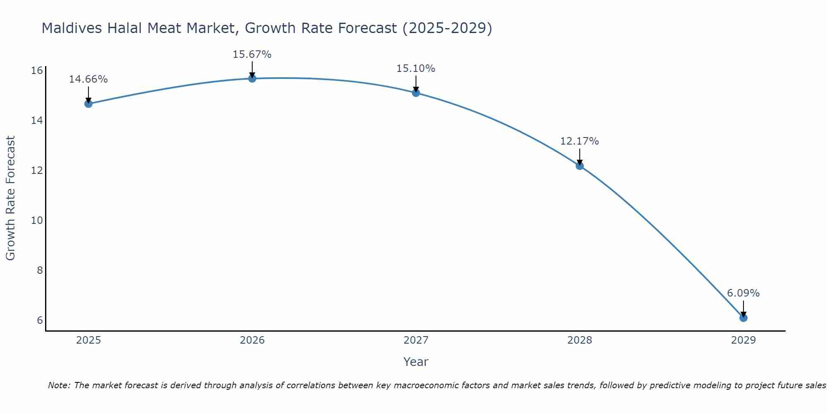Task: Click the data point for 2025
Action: click(x=88, y=104)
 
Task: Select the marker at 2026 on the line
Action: click(x=252, y=78)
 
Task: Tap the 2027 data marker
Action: click(x=416, y=93)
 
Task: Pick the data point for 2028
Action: click(x=580, y=166)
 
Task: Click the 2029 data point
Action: click(x=743, y=318)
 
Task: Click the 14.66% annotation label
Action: click(x=88, y=79)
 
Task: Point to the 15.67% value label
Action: click(x=252, y=55)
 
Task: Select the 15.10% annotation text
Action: click(x=416, y=69)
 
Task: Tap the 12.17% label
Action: click(x=580, y=141)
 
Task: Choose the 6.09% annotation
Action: click(x=743, y=293)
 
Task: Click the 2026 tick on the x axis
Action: click(x=252, y=340)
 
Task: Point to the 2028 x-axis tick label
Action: click(x=580, y=340)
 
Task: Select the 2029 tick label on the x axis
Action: click(x=743, y=340)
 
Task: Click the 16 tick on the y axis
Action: click(x=37, y=71)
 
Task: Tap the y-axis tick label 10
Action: click(x=37, y=221)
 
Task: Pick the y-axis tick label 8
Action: click(x=40, y=271)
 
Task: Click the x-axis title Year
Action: click(x=416, y=362)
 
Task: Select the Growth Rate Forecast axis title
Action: click(x=11, y=198)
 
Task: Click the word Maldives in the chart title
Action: click(x=71, y=28)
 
